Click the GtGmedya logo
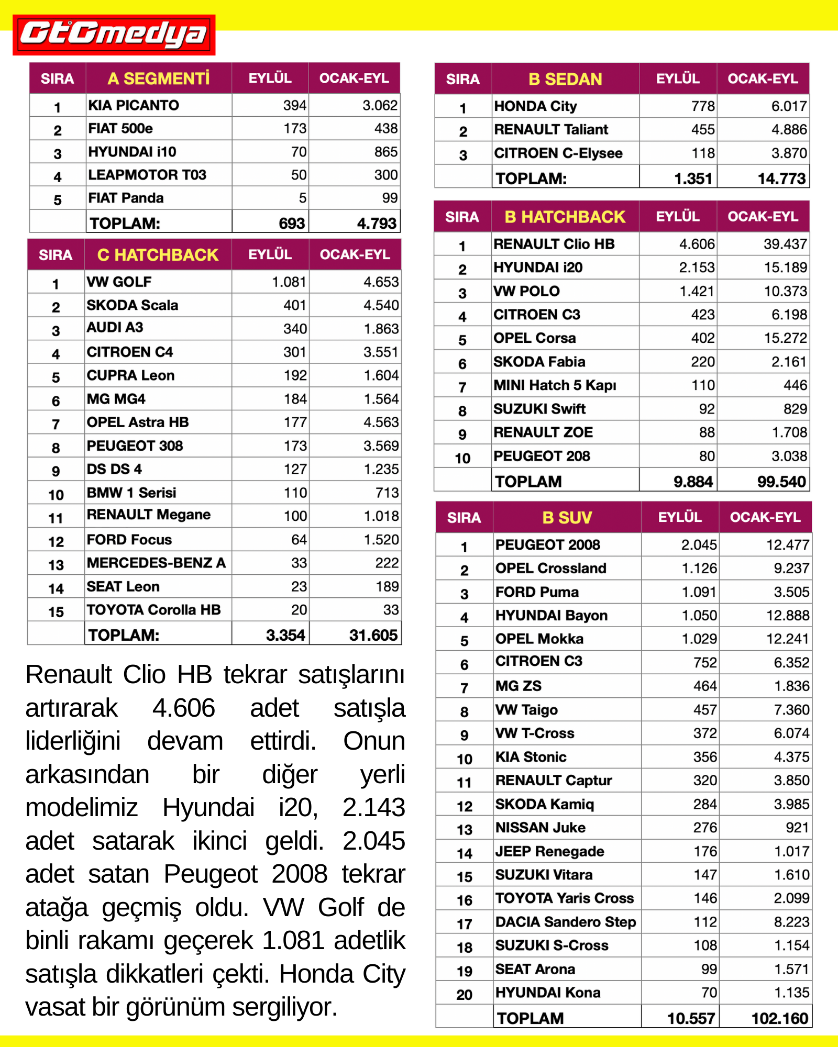pos(114,35)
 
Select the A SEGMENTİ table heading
pos(158,79)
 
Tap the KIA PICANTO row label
pos(134,105)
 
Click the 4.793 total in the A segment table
pos(377,223)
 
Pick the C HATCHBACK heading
pos(158,255)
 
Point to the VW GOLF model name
pos(119,282)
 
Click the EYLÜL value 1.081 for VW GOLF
pos(289,282)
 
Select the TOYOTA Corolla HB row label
pos(153,610)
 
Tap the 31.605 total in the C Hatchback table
pos(373,635)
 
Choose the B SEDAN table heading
pos(565,79)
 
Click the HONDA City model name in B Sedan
pos(535,106)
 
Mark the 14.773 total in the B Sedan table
pos(781,179)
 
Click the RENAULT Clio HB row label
pos(554,244)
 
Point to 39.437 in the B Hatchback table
pos(785,244)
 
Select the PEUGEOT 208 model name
pos(542,456)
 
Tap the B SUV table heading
pos(567,518)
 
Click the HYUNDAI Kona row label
pos(548,993)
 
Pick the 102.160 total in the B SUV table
pos(780,1018)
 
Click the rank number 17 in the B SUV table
pos(465,925)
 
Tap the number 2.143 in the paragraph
pos(373,807)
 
